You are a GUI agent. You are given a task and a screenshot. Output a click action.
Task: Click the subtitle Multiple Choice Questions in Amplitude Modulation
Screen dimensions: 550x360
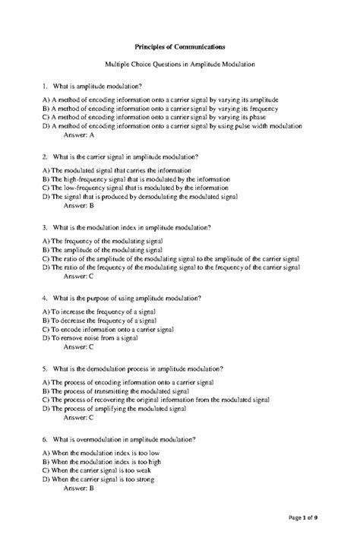coord(179,66)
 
